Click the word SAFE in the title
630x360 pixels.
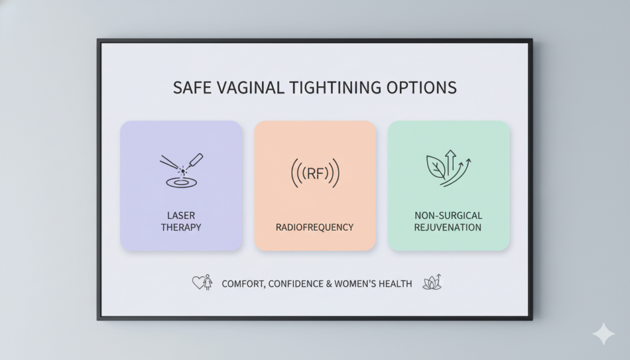point(192,87)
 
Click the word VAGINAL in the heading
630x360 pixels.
point(250,87)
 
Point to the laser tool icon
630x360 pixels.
point(181,170)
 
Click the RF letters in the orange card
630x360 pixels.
point(315,174)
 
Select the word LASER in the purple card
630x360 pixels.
point(181,215)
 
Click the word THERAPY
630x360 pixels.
point(181,228)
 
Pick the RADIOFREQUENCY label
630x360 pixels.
point(314,228)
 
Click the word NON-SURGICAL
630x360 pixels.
point(449,215)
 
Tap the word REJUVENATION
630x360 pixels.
point(448,228)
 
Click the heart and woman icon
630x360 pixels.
point(202,282)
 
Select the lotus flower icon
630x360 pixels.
point(433,282)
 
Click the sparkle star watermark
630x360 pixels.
point(604,333)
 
